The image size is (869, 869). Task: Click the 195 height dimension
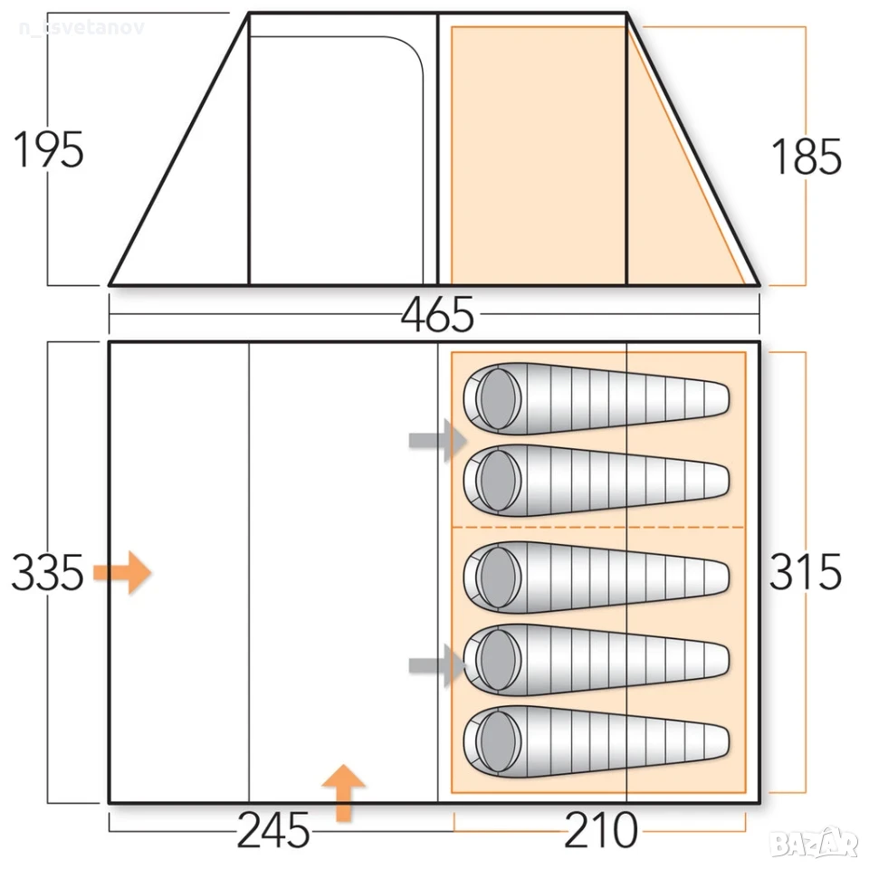[x=48, y=149]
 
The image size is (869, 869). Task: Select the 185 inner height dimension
[x=807, y=157]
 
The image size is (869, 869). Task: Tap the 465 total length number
[x=437, y=314]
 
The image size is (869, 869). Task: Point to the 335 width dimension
[x=48, y=572]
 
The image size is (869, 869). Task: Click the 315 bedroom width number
[x=806, y=571]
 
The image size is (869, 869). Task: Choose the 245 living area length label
[x=273, y=830]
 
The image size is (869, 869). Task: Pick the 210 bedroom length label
[x=601, y=830]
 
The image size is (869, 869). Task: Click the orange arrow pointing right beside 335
[x=122, y=572]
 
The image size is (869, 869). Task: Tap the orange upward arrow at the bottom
[x=344, y=793]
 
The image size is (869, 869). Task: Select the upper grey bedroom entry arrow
[x=438, y=441]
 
